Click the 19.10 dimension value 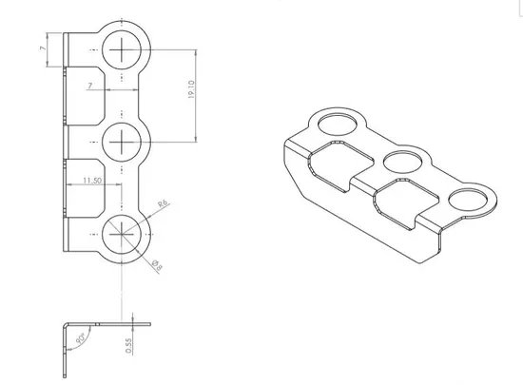191,89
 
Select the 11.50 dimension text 92,181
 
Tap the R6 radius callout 164,203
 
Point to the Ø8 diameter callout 157,265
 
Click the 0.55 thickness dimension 129,346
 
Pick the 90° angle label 81,338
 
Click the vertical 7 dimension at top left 43,48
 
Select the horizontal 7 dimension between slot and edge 89,86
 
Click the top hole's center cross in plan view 122,50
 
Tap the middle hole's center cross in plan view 122,142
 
